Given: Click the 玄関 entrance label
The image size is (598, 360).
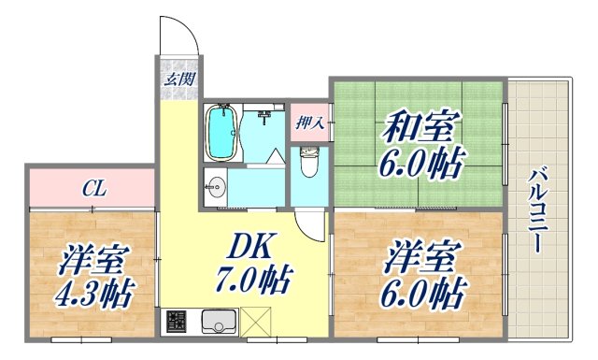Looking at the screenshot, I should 179,79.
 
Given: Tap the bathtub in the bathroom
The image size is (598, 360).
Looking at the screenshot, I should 221,132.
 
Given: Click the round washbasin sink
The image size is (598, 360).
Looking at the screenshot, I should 215,183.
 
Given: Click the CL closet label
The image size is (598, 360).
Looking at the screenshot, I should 93,189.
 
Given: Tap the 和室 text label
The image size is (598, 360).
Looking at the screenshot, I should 417,125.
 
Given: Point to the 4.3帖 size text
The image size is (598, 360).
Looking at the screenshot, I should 90,293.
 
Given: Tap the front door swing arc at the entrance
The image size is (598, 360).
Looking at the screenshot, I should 179,36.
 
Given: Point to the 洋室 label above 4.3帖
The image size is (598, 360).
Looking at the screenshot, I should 96,257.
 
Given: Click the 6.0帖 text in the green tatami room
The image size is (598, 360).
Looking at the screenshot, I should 420,163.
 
